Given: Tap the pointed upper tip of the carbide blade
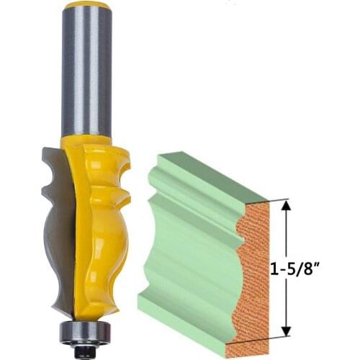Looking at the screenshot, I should (x=44, y=147).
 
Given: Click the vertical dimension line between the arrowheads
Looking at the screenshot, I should (x=287, y=238).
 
